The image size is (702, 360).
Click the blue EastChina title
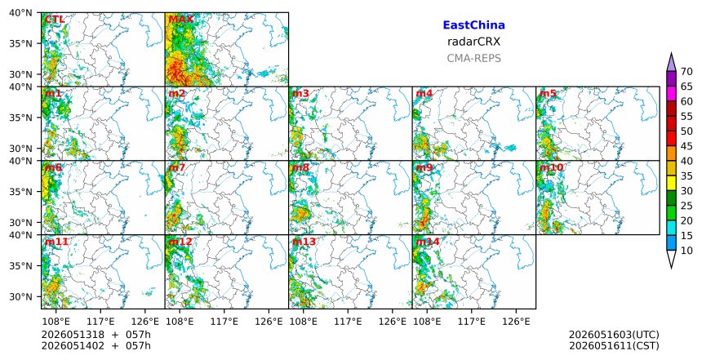[x=473, y=25]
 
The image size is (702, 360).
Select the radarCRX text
[x=473, y=42]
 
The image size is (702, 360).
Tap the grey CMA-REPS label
[x=473, y=58]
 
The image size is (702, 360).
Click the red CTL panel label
[x=55, y=20]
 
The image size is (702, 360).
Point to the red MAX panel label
[x=181, y=20]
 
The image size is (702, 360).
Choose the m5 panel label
[x=548, y=94]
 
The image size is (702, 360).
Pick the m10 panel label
[x=552, y=167]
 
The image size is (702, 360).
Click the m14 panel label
[x=428, y=242]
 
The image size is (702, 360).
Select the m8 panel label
[x=300, y=167]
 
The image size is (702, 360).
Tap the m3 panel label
[x=300, y=94]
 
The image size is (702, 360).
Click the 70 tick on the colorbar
[x=686, y=72]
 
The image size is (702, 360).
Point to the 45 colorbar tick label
[x=686, y=146]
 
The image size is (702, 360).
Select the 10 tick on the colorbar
[x=686, y=251]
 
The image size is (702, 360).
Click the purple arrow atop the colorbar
[x=671, y=64]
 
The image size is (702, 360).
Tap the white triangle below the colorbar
[x=671, y=258]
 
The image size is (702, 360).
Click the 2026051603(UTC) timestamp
[x=614, y=335]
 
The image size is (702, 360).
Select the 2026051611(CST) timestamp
[x=614, y=345]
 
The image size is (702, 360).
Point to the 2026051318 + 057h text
[x=96, y=335]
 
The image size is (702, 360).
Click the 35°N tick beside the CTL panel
[x=22, y=43]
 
